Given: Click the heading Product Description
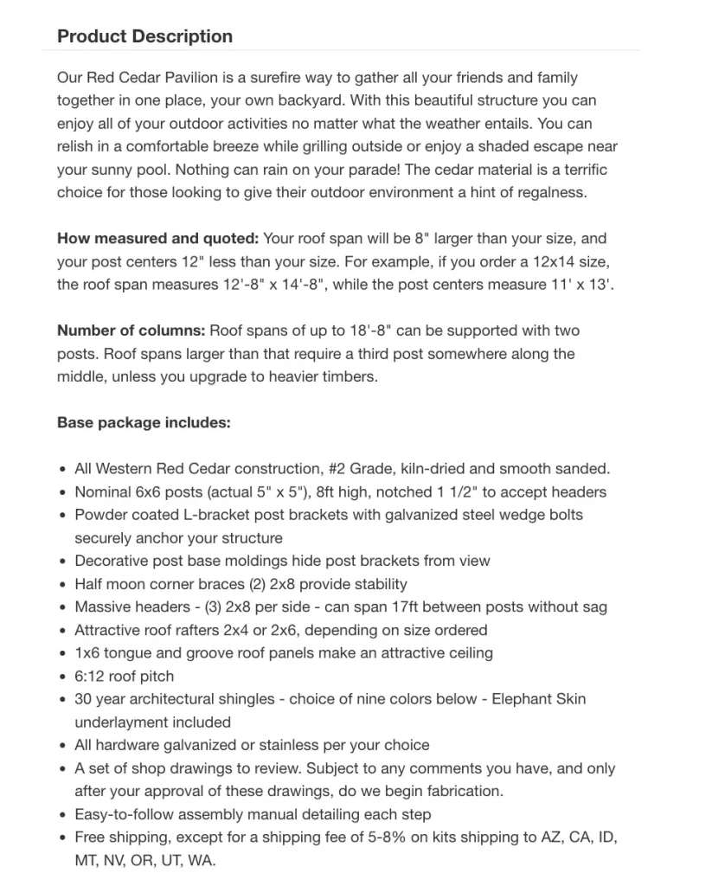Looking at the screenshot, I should click(144, 36).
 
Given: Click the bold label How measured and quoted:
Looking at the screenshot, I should click(157, 238).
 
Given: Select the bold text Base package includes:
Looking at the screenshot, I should click(144, 423).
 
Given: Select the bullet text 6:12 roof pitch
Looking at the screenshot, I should click(124, 677).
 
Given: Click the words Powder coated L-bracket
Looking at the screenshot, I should click(162, 515).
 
